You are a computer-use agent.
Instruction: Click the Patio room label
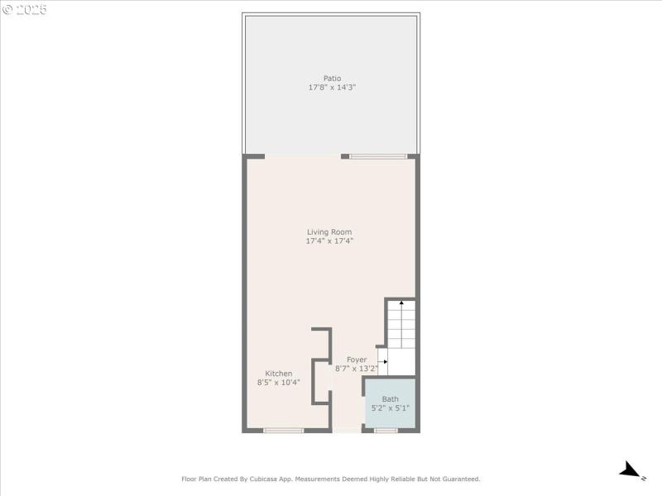click(332, 79)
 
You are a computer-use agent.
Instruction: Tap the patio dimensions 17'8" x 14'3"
click(332, 87)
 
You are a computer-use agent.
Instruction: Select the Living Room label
click(329, 232)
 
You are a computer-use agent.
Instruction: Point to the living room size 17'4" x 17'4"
click(329, 241)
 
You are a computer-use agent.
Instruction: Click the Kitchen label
click(278, 374)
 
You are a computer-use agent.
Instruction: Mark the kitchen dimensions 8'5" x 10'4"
click(278, 382)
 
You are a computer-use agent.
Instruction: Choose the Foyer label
click(357, 360)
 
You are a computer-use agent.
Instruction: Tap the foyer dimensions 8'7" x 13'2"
click(357, 369)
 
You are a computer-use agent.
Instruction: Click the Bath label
click(390, 399)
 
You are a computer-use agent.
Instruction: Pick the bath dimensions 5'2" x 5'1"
click(390, 408)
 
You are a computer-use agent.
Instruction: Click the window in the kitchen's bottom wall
click(284, 430)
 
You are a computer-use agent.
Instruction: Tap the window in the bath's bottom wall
click(386, 430)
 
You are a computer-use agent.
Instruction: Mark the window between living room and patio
click(378, 155)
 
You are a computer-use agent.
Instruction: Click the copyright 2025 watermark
click(25, 11)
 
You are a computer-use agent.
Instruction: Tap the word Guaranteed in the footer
click(457, 479)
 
